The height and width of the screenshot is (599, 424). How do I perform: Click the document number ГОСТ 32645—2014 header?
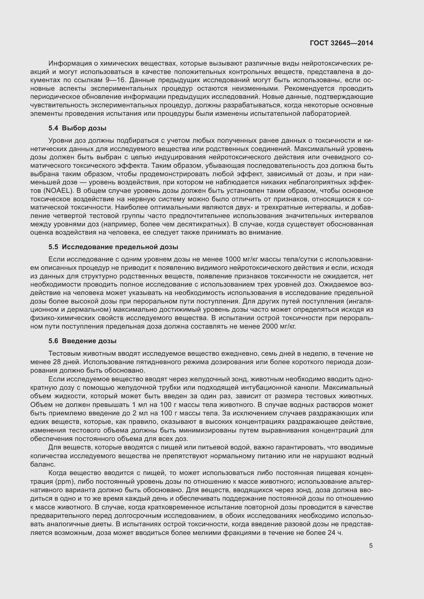(341, 43)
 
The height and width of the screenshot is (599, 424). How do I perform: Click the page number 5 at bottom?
(371, 546)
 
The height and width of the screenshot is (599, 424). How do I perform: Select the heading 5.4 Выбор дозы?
(77, 128)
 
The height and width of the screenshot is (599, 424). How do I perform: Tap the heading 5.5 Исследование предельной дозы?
(113, 247)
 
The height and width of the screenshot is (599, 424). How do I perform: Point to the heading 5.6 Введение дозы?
(82, 341)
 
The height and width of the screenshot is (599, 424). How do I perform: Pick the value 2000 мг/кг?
(279, 326)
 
